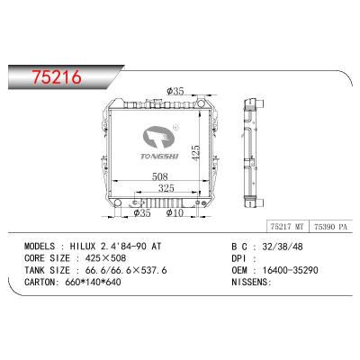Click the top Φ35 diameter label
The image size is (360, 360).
(177, 91)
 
